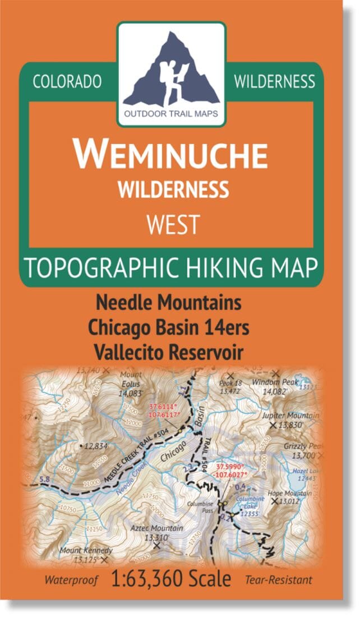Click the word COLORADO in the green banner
click(67, 82)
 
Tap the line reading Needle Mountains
click(169, 303)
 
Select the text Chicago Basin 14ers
click(169, 328)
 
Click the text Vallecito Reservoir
click(169, 353)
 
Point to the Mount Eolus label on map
click(131, 379)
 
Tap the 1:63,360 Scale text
click(172, 578)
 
